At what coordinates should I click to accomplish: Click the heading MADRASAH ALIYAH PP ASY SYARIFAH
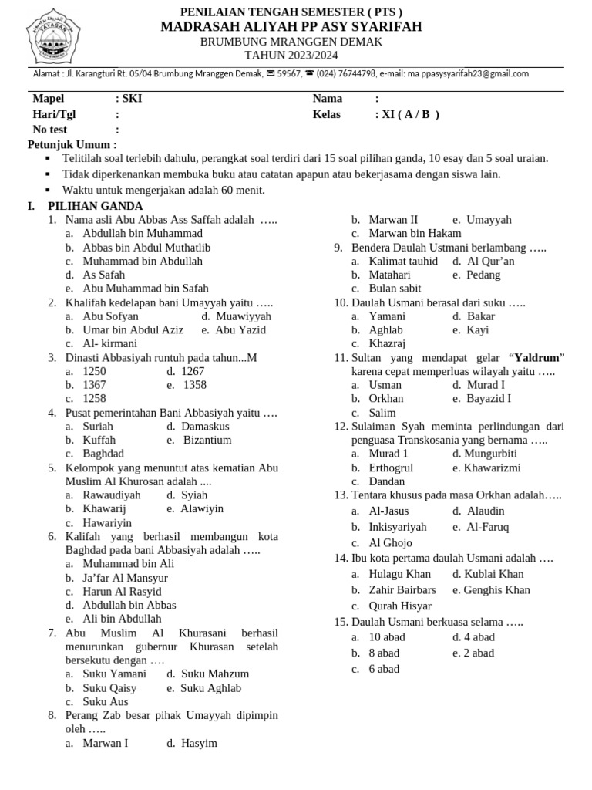click(291, 27)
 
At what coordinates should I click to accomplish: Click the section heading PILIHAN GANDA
click(95, 206)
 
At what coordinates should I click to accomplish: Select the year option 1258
click(94, 399)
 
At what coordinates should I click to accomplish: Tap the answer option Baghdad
click(103, 454)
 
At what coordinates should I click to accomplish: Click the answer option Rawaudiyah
click(112, 495)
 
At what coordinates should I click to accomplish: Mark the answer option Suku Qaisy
click(109, 688)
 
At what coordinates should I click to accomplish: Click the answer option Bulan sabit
click(395, 289)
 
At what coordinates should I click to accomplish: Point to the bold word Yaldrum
click(536, 358)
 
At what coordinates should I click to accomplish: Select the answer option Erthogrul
click(391, 468)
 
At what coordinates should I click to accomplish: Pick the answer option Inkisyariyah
click(398, 527)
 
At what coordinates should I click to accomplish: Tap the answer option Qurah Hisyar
click(400, 606)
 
